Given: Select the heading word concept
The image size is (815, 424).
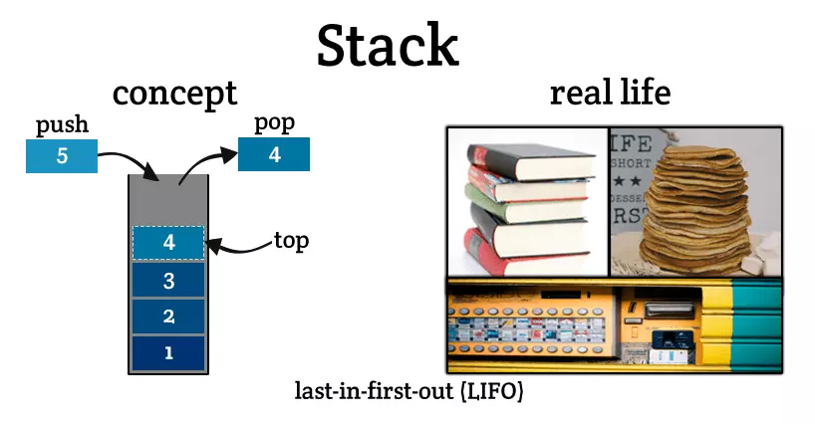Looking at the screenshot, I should coord(174,94).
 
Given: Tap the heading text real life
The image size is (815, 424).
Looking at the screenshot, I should coord(610,94).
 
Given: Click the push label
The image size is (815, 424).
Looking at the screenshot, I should coord(63,125).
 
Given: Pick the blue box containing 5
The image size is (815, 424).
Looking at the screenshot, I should coord(62,156).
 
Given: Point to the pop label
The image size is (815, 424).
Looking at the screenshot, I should coord(273,123).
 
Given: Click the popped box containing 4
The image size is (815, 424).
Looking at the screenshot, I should coord(273,155).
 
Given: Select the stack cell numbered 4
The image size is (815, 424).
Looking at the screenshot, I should coord(168,242).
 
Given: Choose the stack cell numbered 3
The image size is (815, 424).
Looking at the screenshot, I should coord(168,281).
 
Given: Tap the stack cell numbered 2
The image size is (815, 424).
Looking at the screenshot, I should coord(168,317).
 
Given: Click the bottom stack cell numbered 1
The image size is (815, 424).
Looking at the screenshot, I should coord(168,352).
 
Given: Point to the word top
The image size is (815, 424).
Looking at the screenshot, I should coord(291,240).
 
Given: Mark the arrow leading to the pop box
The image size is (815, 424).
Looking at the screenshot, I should coord(204,162).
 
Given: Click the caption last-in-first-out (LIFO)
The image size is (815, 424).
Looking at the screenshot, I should coord(408,391).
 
